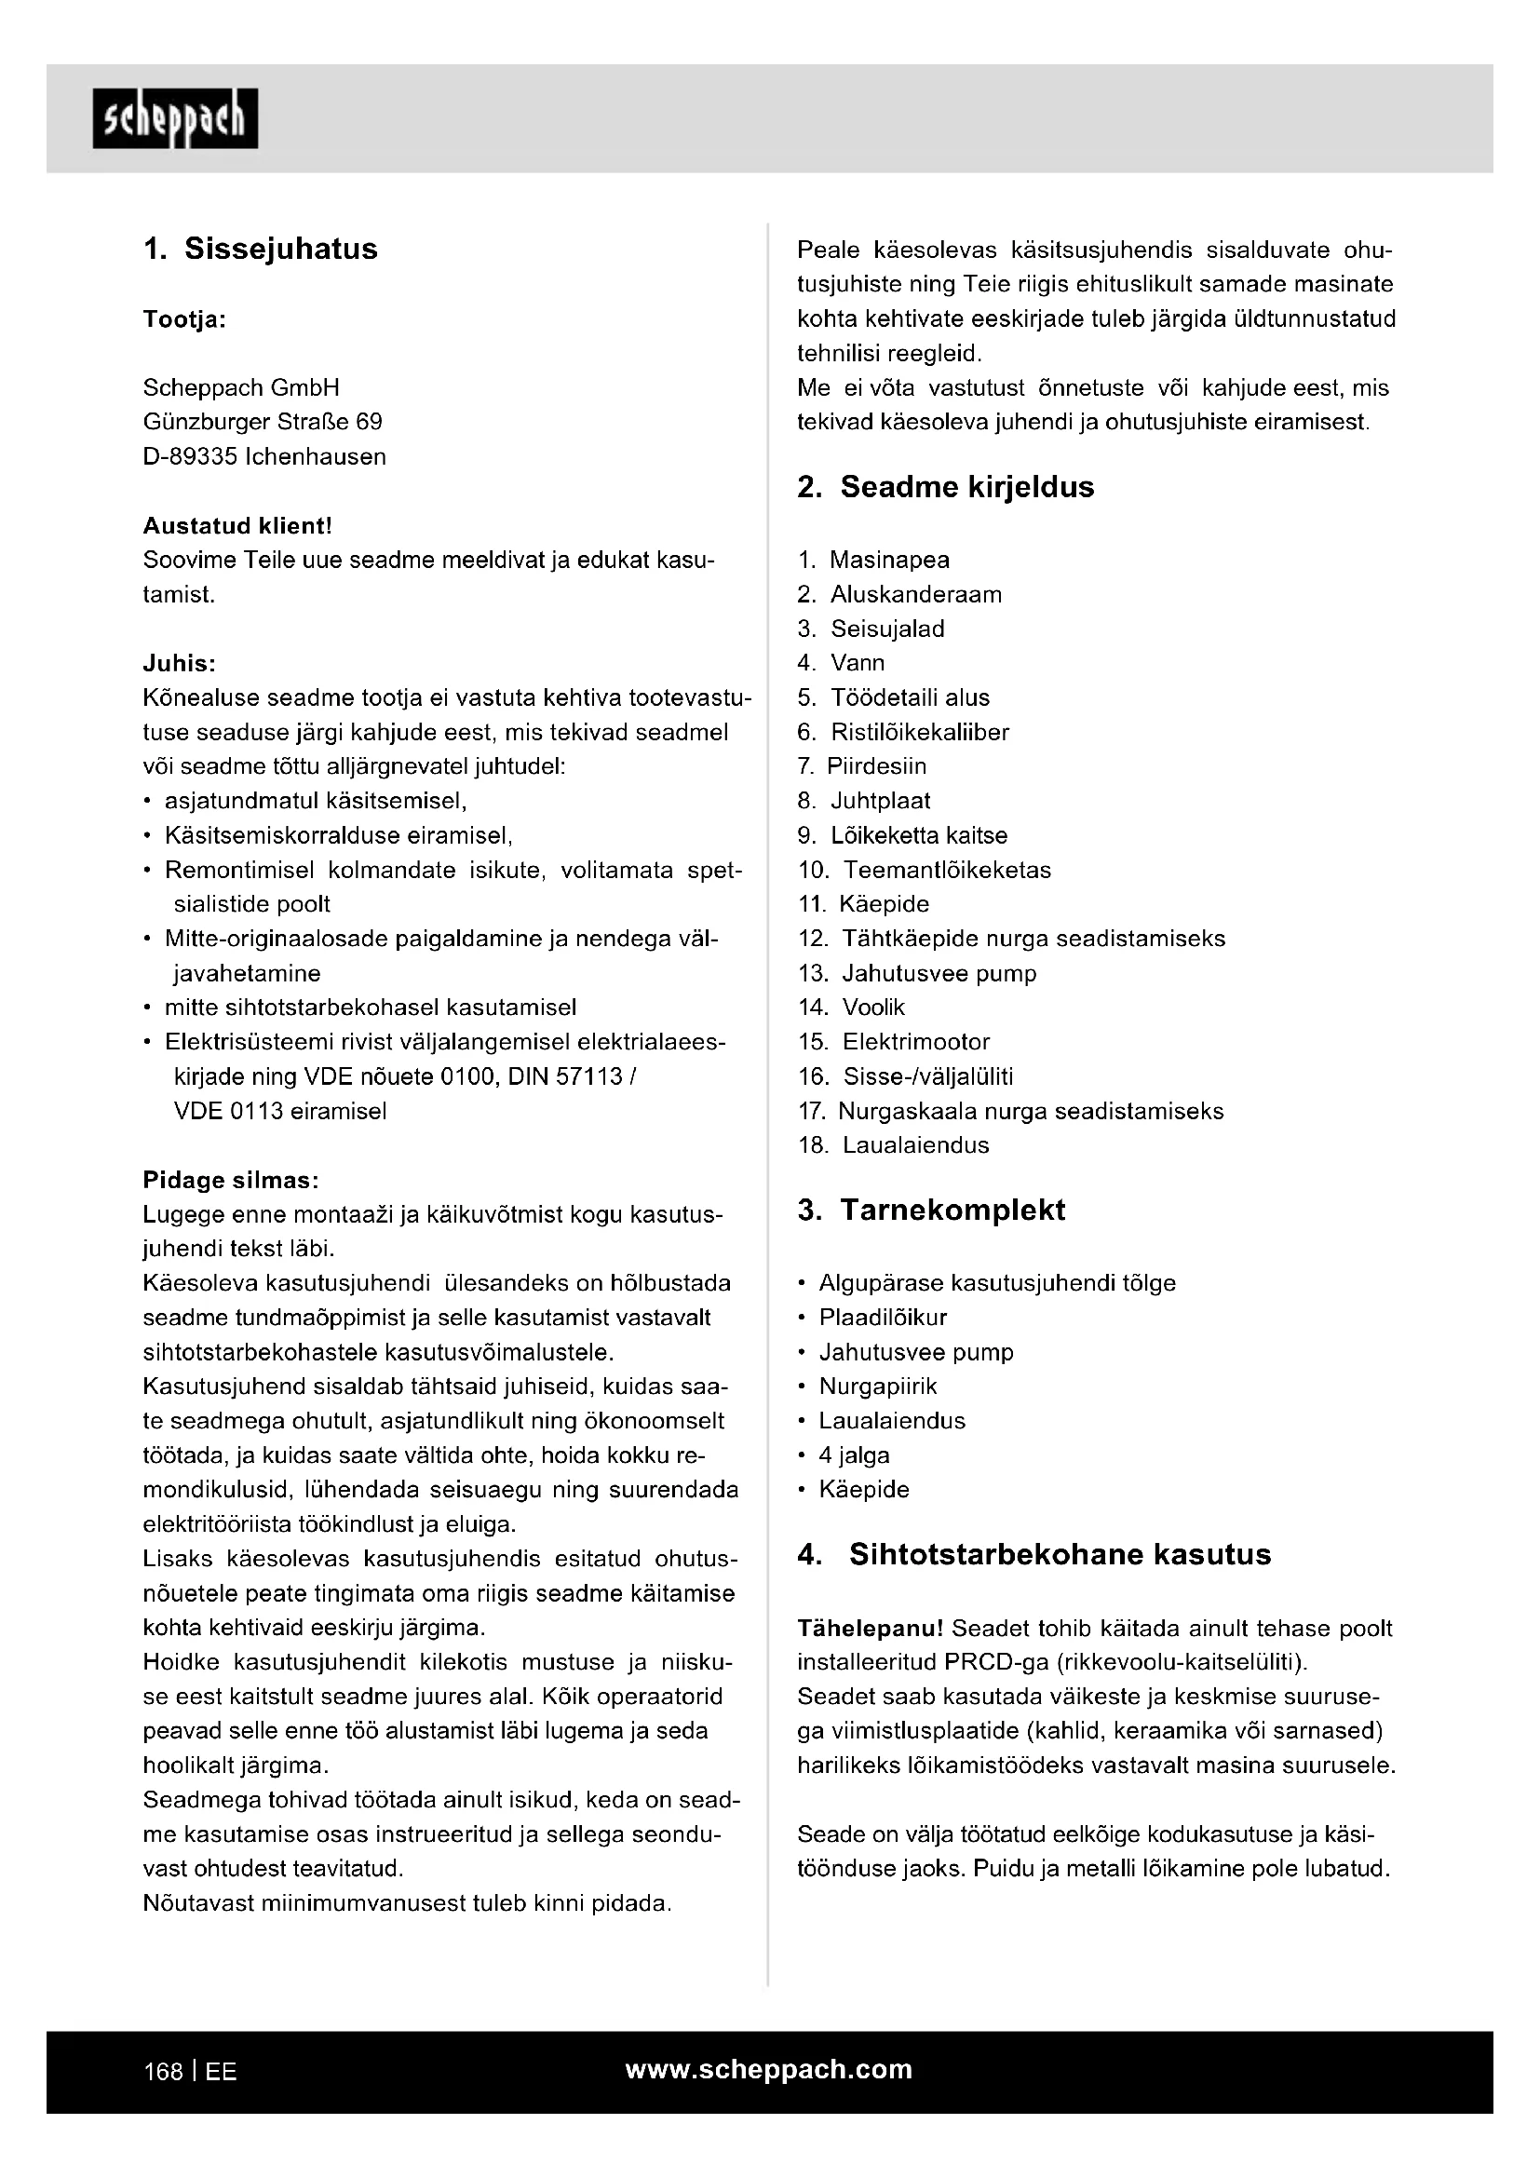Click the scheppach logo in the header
pyautogui.click(x=175, y=118)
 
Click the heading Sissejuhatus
pyautogui.click(x=280, y=249)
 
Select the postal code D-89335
pyautogui.click(x=190, y=456)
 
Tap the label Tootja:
pyautogui.click(x=184, y=319)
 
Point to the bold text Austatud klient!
pyautogui.click(x=237, y=525)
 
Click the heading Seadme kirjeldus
pyautogui.click(x=966, y=487)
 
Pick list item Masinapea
pyautogui.click(x=888, y=560)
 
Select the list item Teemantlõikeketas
pyautogui.click(x=946, y=870)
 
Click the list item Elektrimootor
pyautogui.click(x=915, y=1042)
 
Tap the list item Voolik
pyautogui.click(x=873, y=1008)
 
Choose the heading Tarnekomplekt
pyautogui.click(x=952, y=1210)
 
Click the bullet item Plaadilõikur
pyautogui.click(x=882, y=1318)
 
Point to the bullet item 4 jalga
pyautogui.click(x=854, y=1455)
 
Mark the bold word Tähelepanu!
pyautogui.click(x=870, y=1629)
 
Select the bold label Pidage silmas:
pyautogui.click(x=230, y=1180)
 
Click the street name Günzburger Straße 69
pyautogui.click(x=263, y=422)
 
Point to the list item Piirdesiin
pyautogui.click(x=876, y=766)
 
